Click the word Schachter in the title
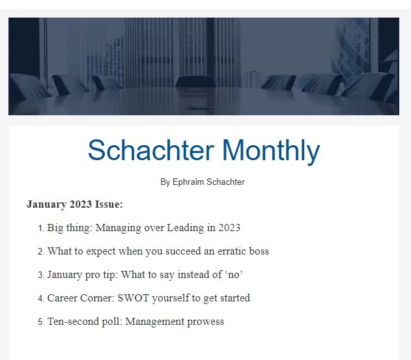[151, 150]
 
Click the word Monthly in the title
[272, 152]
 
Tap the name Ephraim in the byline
[188, 182]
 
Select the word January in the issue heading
[46, 204]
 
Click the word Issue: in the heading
[109, 204]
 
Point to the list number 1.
[41, 228]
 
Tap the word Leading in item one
[185, 228]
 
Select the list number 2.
[41, 251]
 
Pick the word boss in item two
[259, 251]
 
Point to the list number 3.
[41, 275]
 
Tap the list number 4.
[41, 298]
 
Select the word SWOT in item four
[134, 298]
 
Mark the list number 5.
[41, 322]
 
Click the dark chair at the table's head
[195, 81]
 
